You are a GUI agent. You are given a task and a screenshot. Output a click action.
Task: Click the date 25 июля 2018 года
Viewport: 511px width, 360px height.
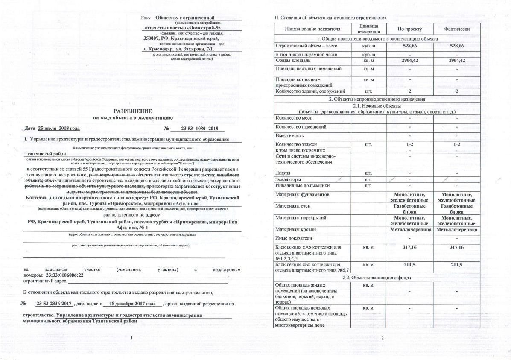58,128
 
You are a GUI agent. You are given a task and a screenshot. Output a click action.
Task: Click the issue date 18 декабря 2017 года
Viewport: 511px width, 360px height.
132,304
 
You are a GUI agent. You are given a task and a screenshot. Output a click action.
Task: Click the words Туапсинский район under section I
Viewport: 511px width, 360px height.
43,153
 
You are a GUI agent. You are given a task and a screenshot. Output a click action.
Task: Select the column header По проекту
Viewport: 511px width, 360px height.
409,29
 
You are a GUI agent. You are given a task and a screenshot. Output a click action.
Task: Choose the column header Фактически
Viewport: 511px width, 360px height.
457,29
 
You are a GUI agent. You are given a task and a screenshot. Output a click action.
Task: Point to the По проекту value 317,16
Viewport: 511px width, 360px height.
409,247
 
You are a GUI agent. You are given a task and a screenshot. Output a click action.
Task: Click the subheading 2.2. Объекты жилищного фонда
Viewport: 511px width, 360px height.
377,278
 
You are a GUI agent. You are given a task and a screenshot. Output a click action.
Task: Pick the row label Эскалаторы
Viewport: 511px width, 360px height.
289,179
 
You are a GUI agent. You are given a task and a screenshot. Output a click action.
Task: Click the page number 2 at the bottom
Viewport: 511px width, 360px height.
383,338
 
